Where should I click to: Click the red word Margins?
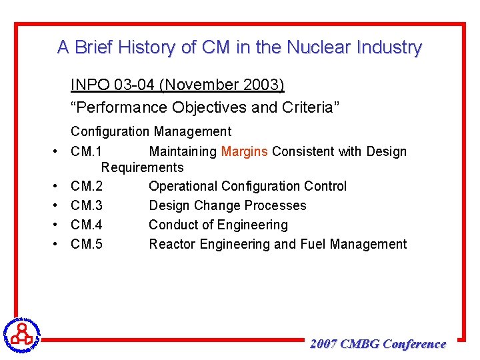coord(245,151)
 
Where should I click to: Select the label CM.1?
coord(86,151)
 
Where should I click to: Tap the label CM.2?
coord(87,186)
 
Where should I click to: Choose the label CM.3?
coord(87,205)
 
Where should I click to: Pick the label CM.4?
coord(87,225)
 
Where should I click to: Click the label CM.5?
coord(87,244)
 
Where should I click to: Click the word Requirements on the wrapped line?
coord(142,167)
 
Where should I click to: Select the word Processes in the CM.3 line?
coord(275,205)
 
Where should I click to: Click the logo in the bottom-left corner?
coord(21,333)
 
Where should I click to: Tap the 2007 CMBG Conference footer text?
coord(378,345)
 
